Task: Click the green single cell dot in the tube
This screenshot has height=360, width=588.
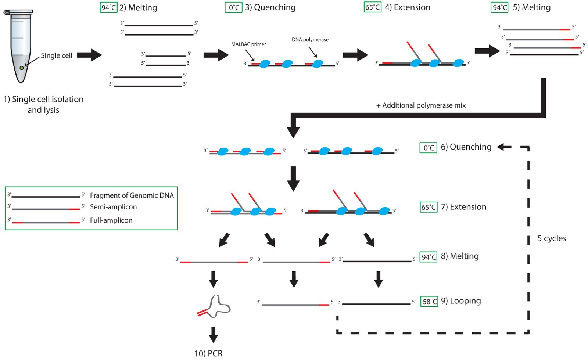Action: coord(22,68)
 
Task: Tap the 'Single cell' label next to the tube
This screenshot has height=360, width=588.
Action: coord(56,55)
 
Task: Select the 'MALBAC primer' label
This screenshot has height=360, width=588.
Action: coord(248,44)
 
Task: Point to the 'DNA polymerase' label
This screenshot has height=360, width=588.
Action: coord(310,40)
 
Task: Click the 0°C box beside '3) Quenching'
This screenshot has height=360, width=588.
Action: coord(234,7)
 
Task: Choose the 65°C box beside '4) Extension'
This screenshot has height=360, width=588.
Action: coord(372,7)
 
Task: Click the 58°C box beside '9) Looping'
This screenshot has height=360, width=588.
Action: coord(429,302)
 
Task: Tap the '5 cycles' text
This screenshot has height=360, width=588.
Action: coord(552,238)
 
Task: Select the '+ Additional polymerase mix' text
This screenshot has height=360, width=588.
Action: coord(421,105)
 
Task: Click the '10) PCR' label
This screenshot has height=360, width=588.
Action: coord(208,353)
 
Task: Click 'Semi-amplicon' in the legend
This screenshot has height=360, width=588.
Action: coord(113,207)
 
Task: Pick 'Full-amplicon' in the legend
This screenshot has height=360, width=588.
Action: coord(111,220)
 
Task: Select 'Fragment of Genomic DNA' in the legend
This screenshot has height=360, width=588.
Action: coord(132,195)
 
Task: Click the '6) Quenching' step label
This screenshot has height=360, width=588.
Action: coord(466,147)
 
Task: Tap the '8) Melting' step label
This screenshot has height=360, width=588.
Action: coord(460,256)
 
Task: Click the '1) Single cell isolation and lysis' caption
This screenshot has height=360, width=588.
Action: coord(43,104)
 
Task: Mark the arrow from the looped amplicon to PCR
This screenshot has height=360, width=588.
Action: coord(213,334)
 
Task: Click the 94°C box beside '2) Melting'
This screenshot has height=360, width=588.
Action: coord(108,7)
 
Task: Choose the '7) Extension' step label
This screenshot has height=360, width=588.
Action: coord(463,207)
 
